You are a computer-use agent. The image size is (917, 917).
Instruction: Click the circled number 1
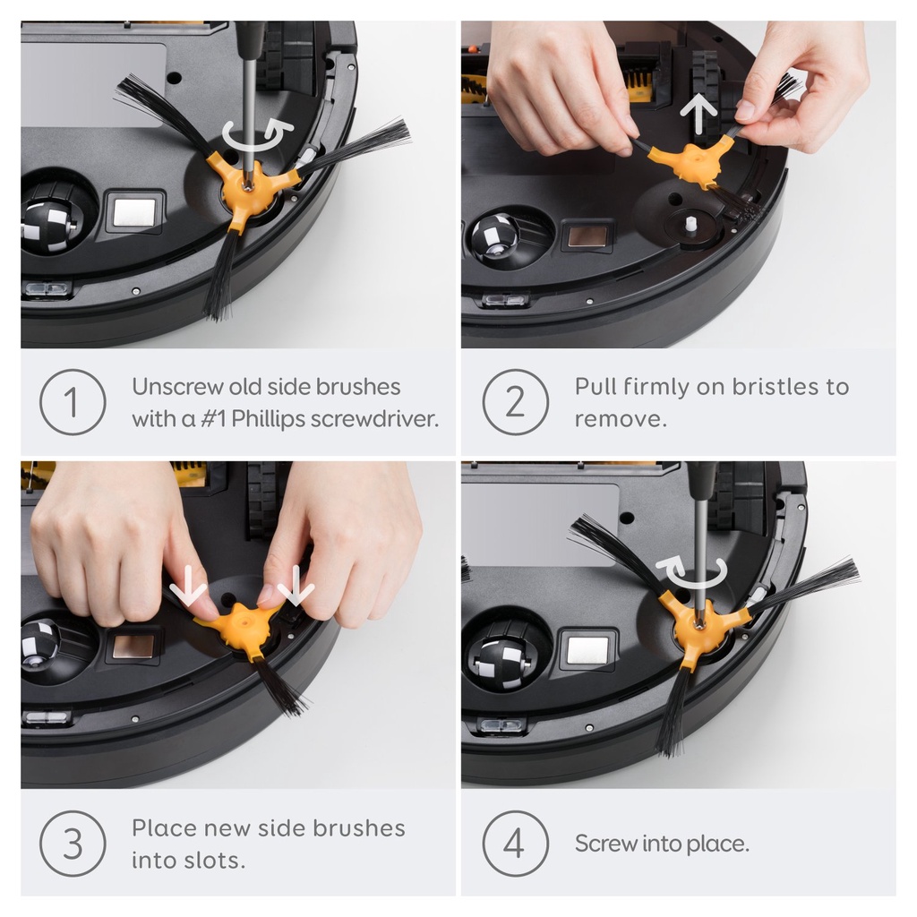(73, 402)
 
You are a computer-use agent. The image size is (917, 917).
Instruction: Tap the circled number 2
(515, 402)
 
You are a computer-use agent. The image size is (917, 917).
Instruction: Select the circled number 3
(73, 844)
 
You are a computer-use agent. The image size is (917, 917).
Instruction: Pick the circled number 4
(515, 844)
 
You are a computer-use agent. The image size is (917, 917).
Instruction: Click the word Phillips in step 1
(269, 419)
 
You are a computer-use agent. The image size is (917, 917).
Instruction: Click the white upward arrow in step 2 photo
(698, 115)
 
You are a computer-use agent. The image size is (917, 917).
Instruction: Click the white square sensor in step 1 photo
(134, 211)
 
